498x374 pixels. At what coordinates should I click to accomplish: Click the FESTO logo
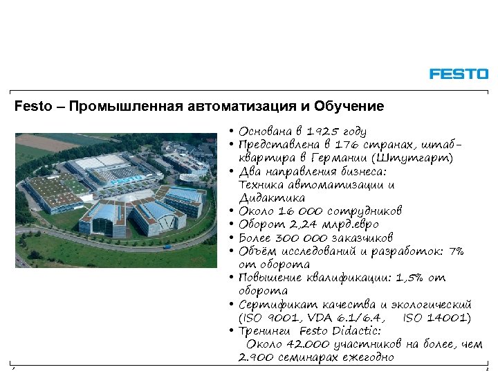pyautogui.click(x=459, y=73)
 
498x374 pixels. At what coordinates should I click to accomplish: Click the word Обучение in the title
pyautogui.click(x=349, y=107)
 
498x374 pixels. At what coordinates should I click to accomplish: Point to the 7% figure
pyautogui.click(x=456, y=251)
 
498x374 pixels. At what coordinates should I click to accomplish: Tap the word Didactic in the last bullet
pyautogui.click(x=357, y=331)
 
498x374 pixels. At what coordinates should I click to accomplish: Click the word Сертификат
pyautogui.click(x=271, y=305)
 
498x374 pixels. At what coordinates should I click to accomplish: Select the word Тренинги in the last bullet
pyautogui.click(x=266, y=331)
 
